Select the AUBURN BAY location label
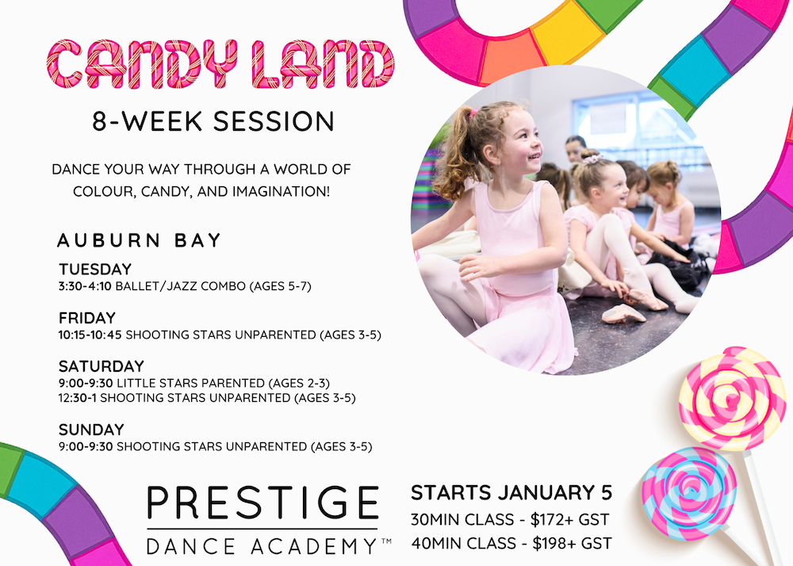coord(139,239)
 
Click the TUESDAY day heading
coord(95,270)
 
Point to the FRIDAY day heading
coord(87,318)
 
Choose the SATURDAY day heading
coord(102,366)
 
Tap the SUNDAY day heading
coord(91,430)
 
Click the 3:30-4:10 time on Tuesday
coord(86,286)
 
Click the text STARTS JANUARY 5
coord(511,492)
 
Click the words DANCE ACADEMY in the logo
coord(262,545)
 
